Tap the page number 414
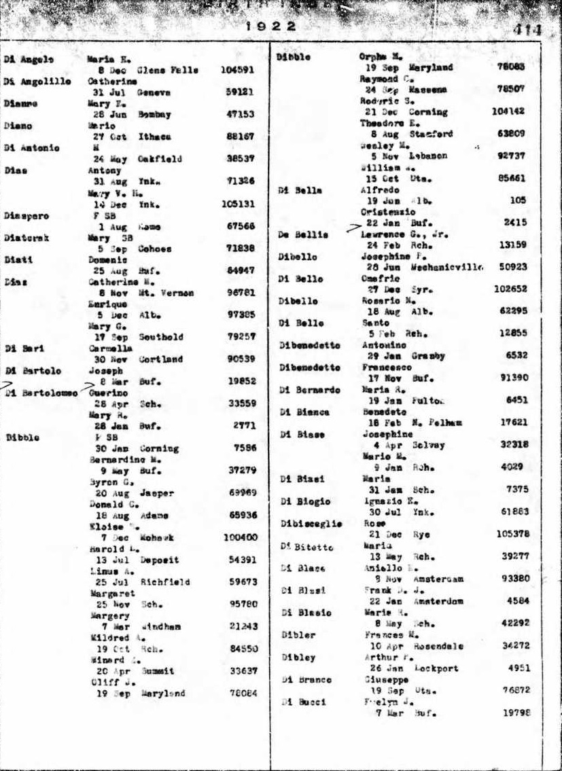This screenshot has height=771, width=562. pyautogui.click(x=527, y=30)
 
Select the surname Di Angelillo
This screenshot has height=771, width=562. pyautogui.click(x=37, y=82)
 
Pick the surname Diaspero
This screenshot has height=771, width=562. pyautogui.click(x=27, y=215)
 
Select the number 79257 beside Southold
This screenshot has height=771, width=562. pyautogui.click(x=241, y=337)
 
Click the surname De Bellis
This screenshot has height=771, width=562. pyautogui.click(x=303, y=234)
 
